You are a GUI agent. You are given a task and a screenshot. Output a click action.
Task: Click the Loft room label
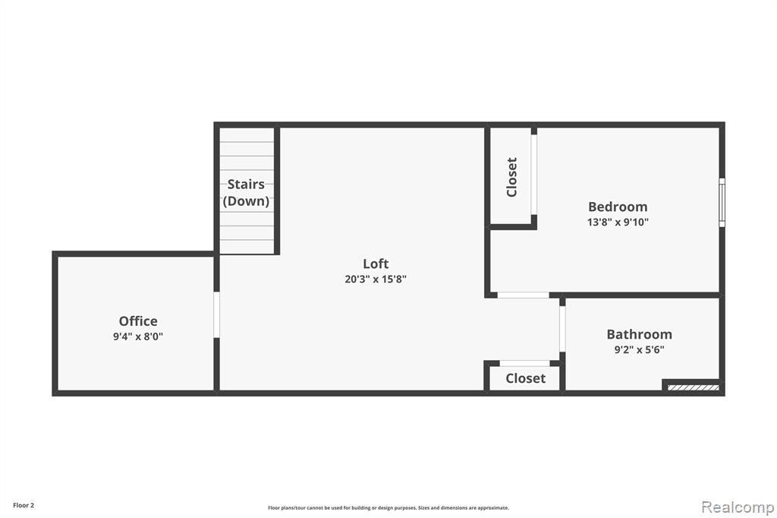coord(376,264)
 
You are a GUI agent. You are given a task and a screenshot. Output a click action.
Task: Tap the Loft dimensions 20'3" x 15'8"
coord(376,279)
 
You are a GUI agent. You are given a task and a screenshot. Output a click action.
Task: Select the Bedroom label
coord(618,207)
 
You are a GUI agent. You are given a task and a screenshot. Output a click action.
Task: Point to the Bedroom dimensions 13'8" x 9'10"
coord(618,222)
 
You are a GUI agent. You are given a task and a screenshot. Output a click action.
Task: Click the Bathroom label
coord(639,334)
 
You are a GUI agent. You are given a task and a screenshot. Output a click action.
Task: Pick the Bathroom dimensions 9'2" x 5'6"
coord(639,349)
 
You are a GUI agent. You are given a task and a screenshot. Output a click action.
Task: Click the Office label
coord(138,321)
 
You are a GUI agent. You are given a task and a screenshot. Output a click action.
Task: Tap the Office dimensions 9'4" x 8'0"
coord(138,336)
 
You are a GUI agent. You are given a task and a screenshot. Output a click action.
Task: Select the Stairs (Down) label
coord(247,192)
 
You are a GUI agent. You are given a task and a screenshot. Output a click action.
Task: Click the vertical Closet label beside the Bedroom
coord(512,177)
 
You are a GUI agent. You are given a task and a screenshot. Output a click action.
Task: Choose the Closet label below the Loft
coord(525,378)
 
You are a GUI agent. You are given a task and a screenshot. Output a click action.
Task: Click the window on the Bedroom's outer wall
coord(722,203)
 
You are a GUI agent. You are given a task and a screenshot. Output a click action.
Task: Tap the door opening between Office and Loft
coord(216,314)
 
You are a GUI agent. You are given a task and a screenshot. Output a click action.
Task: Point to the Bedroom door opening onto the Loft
coord(524,295)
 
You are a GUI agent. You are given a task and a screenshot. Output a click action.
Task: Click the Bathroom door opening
coord(562,329)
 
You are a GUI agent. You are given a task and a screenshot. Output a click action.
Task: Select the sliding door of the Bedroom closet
coord(533,174)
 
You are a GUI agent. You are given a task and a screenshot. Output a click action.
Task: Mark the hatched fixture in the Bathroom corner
coord(694,387)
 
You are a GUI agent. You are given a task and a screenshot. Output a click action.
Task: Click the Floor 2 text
coord(24,506)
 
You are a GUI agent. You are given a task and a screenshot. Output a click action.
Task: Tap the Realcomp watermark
coord(738,507)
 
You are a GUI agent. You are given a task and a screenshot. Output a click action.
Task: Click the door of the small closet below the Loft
coord(525,363)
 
